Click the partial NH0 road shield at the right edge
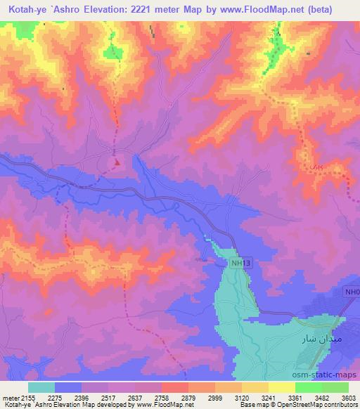(352, 292)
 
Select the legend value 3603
(348, 397)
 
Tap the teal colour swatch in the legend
(41, 387)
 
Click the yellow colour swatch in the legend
(282, 387)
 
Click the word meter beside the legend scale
(10, 397)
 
